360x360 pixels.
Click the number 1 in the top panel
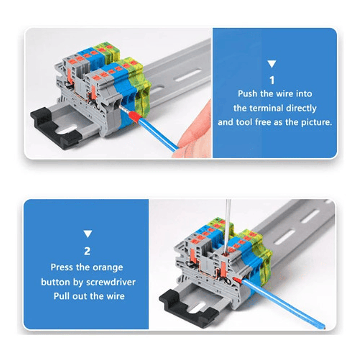[x=272, y=80]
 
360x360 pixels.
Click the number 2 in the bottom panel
[x=87, y=251]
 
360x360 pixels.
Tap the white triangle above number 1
[x=272, y=64]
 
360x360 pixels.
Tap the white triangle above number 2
[x=88, y=234]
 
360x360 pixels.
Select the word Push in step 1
[x=247, y=94]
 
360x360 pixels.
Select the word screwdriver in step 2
[x=111, y=282]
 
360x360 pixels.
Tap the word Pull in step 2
[x=62, y=296]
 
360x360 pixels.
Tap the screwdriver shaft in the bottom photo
[x=228, y=226]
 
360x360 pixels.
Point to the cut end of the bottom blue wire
[x=324, y=327]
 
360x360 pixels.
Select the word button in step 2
[x=56, y=282]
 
